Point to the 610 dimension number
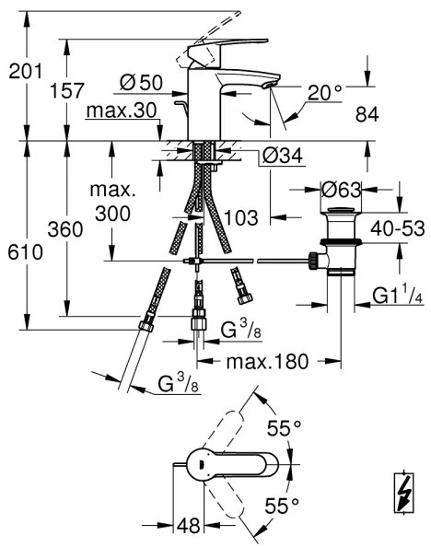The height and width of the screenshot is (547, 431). tap(25, 251)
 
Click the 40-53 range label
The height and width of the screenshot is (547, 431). tap(397, 227)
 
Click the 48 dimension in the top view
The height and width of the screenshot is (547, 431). tap(189, 525)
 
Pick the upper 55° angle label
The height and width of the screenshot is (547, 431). tap(284, 427)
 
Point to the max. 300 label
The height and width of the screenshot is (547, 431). tap(113, 204)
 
